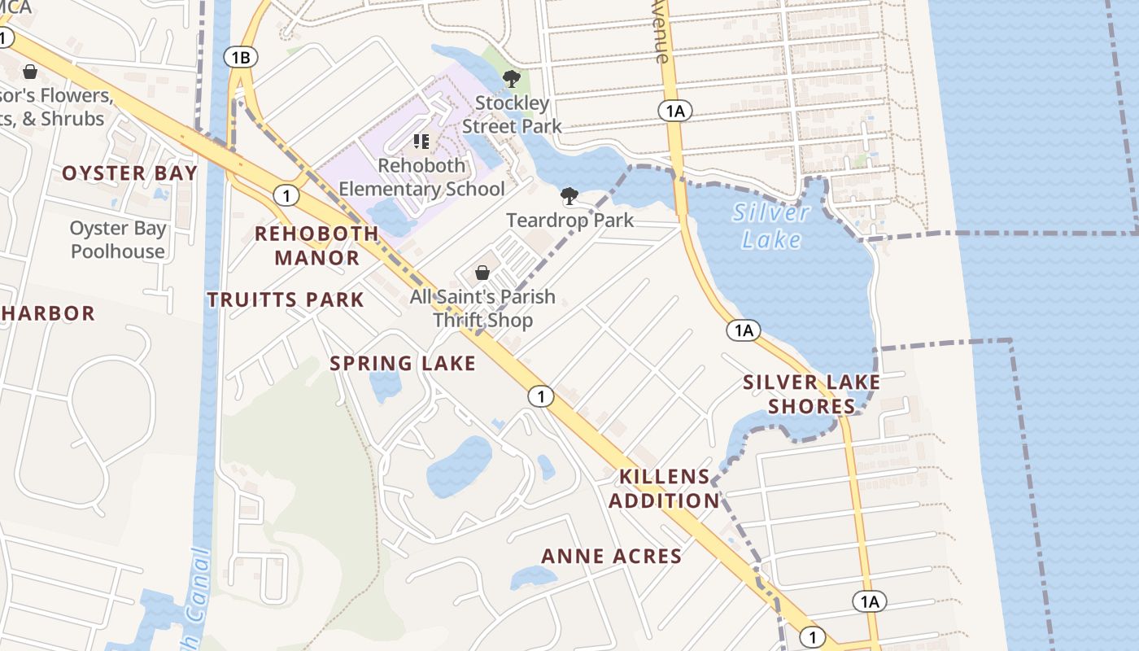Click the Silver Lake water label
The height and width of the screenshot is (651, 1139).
(x=770, y=226)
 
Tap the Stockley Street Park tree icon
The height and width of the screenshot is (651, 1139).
(x=512, y=79)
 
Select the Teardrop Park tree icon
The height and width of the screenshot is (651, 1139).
(x=569, y=196)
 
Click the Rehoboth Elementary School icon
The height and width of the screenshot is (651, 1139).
(x=421, y=142)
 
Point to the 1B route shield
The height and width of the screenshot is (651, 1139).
(x=241, y=57)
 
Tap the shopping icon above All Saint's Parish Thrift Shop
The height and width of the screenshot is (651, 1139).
(x=482, y=273)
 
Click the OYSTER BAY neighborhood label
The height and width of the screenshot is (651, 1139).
(x=129, y=173)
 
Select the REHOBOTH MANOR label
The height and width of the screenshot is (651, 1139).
(x=316, y=246)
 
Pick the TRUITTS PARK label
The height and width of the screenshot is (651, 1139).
(x=285, y=299)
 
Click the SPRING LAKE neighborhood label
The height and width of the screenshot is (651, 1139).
(x=403, y=364)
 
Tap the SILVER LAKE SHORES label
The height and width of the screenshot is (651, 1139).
(x=811, y=394)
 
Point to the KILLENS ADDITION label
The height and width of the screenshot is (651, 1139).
(x=664, y=488)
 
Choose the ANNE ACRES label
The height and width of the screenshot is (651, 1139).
(x=612, y=557)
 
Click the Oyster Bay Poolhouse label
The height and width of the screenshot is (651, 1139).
(x=118, y=240)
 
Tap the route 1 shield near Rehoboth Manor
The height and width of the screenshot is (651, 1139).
(x=286, y=195)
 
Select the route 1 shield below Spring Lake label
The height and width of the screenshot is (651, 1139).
(x=540, y=396)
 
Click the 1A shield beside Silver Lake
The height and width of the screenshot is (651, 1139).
(x=743, y=330)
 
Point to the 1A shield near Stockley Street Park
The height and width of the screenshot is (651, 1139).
(x=674, y=111)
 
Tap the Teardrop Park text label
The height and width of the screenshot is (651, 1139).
(x=569, y=221)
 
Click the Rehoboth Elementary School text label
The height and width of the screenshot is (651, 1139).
(x=421, y=177)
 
